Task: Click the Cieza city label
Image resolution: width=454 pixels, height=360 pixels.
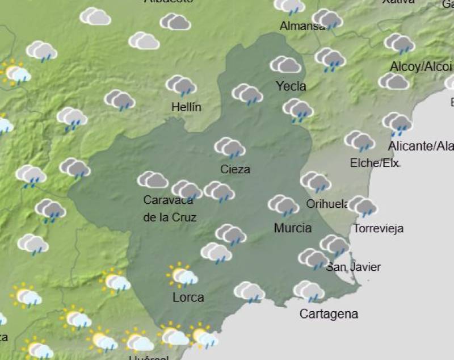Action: (235, 169)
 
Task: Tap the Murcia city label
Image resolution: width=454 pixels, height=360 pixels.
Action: (292, 228)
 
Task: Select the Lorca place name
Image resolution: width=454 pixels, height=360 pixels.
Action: (188, 297)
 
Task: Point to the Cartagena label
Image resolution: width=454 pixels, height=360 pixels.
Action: (329, 314)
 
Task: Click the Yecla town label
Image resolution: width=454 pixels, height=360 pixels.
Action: (291, 86)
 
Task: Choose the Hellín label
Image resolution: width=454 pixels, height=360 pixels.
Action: (186, 107)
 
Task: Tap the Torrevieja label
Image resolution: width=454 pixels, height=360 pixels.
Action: (378, 229)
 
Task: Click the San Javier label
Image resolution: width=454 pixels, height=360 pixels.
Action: (353, 267)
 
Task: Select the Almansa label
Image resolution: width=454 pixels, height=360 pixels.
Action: (302, 26)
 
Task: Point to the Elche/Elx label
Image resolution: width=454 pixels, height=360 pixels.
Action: (374, 164)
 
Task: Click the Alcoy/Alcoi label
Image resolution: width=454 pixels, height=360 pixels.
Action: (421, 67)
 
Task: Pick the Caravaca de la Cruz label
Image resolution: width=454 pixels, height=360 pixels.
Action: (169, 208)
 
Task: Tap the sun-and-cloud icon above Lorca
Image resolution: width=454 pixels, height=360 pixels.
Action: (182, 275)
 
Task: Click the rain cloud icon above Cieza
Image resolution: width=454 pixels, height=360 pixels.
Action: (229, 148)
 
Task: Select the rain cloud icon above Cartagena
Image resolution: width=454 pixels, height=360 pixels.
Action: (309, 291)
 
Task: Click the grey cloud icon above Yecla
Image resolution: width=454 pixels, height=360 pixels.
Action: (285, 65)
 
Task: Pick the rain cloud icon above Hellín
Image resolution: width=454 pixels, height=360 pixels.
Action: (181, 86)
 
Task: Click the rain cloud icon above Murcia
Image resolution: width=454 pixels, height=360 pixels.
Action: (283, 205)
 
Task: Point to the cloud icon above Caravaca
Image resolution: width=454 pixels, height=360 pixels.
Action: (153, 180)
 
